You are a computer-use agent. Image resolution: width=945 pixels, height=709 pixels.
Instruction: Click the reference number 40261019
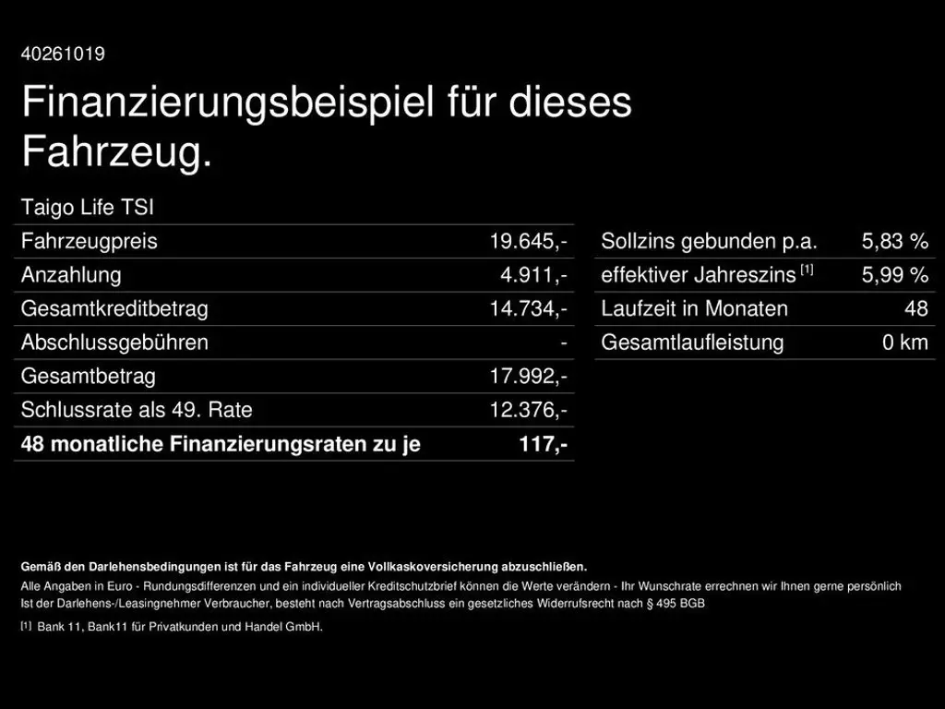63,54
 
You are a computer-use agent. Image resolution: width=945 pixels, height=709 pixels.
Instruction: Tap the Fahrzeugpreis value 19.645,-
528,242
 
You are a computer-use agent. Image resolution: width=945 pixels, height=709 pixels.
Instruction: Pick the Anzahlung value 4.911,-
533,275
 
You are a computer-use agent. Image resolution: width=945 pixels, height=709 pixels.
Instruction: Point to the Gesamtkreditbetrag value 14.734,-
528,309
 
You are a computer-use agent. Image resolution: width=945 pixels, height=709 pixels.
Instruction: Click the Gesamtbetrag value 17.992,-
528,377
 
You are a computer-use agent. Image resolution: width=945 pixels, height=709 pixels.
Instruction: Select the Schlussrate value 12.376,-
528,410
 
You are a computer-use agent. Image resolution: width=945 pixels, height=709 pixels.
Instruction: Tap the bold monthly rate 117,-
543,444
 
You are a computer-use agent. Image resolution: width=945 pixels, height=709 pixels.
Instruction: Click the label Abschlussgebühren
114,342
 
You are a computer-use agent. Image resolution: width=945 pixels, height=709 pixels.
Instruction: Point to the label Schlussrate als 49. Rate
137,410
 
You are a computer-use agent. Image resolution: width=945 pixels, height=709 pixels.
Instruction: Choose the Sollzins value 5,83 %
894,242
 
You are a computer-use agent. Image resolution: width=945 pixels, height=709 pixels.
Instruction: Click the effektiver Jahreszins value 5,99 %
894,275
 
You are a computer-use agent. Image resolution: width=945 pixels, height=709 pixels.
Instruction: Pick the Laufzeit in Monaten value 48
915,309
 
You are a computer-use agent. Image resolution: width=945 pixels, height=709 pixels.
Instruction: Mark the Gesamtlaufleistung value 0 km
904,342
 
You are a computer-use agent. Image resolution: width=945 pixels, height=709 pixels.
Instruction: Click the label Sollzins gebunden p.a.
709,242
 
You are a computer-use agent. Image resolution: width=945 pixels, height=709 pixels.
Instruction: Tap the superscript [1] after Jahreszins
807,270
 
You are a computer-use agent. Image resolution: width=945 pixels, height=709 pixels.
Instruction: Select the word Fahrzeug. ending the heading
116,151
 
